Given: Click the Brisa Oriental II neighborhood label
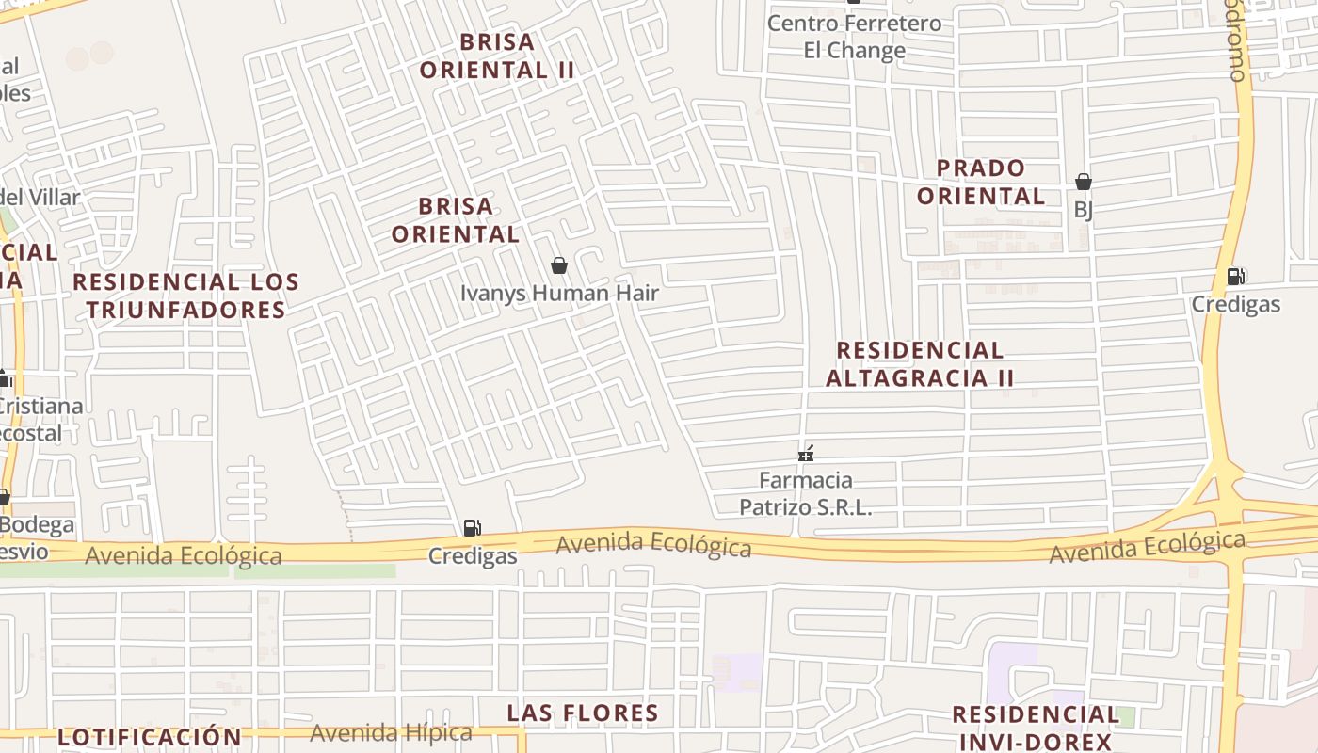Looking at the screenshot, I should point(497,56).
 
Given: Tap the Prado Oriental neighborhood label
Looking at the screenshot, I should point(981,182).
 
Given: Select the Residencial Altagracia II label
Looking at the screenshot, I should point(920,363).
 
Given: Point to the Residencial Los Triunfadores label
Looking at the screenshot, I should point(185,296).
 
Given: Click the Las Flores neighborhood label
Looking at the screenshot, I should point(583,713).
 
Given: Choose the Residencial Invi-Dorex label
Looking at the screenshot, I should point(1036,728).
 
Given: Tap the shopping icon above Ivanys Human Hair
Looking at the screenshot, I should point(559,265).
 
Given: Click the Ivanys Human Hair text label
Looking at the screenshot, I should point(559,293).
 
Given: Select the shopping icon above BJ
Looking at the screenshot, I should point(1084,182).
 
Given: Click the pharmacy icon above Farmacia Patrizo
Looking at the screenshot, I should point(806,454).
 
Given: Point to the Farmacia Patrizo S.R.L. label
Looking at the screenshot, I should point(806,493).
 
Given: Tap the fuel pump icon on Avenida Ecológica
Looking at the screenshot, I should point(473,528).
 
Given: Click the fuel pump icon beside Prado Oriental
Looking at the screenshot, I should point(1235,277).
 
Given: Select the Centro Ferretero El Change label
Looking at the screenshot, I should point(854,36).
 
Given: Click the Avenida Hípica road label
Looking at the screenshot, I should point(391,732).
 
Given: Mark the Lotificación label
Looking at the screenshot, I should point(150,736).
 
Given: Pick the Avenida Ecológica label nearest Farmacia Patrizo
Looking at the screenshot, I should point(653,544).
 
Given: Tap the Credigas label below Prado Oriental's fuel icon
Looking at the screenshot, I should point(1235,304).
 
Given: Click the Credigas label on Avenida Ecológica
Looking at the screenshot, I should point(473,555).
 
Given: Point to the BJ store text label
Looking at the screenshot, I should point(1084,209).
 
